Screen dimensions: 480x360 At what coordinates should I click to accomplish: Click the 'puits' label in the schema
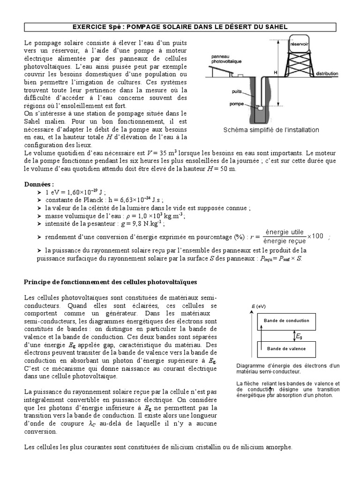coord(237,92)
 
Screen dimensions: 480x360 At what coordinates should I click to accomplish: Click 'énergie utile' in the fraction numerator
coord(285,232)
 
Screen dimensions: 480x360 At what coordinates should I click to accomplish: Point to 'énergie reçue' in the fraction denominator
coord(285,240)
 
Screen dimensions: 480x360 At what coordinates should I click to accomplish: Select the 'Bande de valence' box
coord(286,348)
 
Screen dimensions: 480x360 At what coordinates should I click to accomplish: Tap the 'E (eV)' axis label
coord(259,306)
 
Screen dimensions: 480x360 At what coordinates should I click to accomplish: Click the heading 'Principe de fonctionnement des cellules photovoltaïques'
coord(111,282)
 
